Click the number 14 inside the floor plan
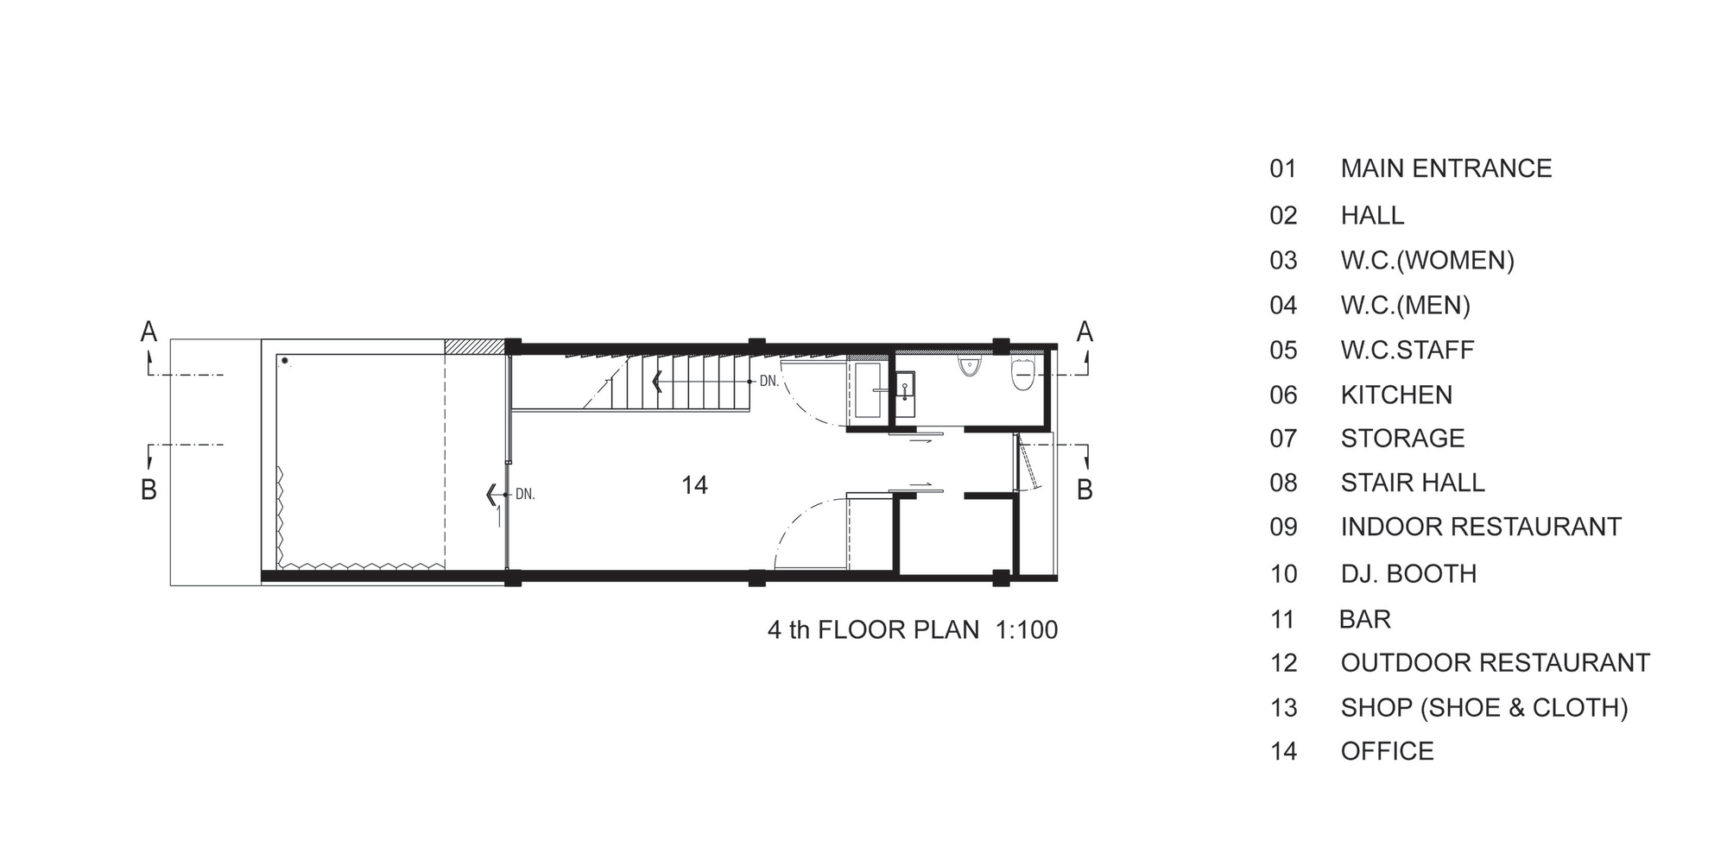694,485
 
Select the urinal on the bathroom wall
970,366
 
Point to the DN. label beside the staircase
769,381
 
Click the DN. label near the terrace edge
525,495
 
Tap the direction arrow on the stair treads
658,381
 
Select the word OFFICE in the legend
1387,751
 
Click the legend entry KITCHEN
1396,395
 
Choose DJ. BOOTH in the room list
1408,573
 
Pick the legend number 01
1283,168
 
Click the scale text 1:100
1027,629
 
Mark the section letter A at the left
149,332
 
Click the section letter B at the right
1085,490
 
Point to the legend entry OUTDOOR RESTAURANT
1495,662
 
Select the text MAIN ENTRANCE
1446,168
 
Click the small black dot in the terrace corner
284,361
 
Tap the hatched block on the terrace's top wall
474,346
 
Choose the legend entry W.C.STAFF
1408,350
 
